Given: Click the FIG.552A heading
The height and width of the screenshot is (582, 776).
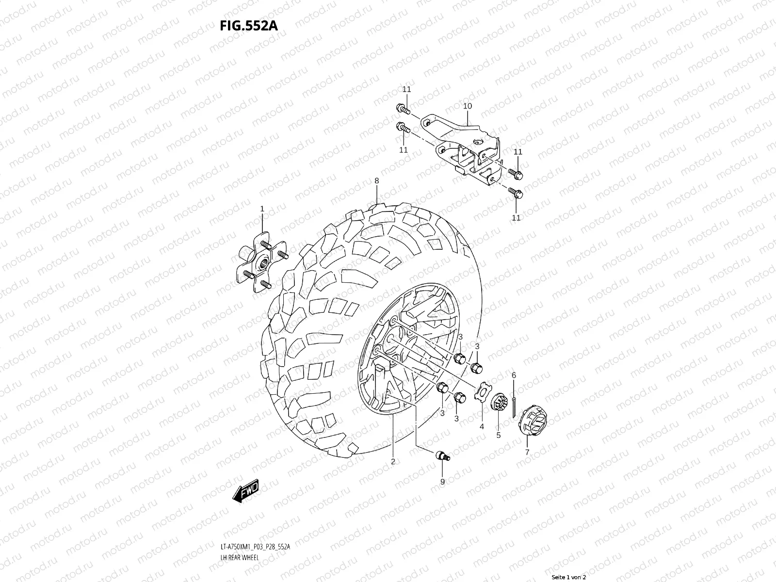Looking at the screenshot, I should click(249, 26).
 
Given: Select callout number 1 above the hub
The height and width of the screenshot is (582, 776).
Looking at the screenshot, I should click(262, 209).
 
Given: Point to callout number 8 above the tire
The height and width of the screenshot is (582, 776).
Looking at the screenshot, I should click(376, 181).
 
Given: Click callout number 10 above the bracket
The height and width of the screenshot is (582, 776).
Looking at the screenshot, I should click(468, 106).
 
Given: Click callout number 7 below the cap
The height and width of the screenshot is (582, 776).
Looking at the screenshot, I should click(527, 452).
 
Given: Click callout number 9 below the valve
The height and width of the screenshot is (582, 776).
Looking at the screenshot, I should click(442, 482).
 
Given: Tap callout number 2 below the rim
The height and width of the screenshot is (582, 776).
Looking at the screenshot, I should click(393, 461).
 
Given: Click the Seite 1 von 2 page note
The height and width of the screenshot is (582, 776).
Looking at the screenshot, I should click(569, 577).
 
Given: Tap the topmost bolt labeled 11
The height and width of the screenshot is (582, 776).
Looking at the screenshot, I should click(403, 108).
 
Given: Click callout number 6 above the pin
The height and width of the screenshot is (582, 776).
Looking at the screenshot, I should click(514, 375).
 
